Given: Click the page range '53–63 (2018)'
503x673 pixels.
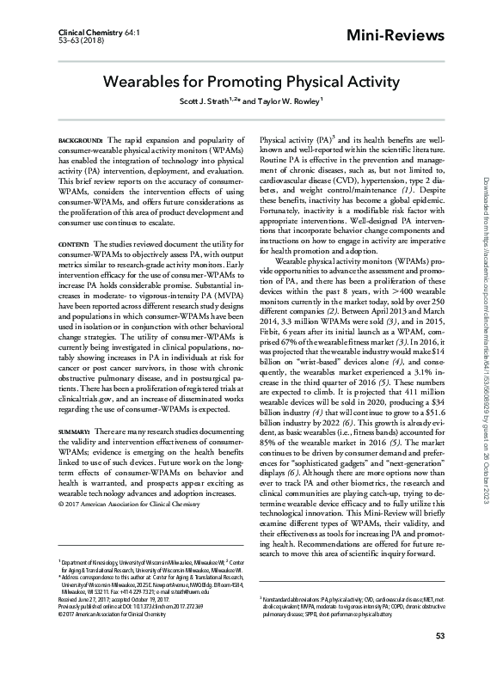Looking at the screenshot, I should [x=64, y=39].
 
